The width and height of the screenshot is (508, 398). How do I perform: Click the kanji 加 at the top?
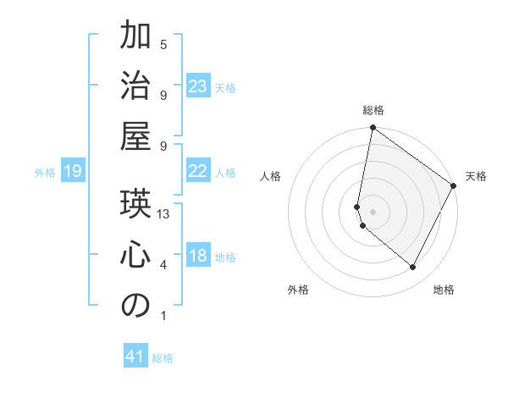click(x=135, y=38)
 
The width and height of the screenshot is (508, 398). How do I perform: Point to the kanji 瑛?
click(x=135, y=204)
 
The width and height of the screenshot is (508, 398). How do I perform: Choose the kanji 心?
click(x=135, y=255)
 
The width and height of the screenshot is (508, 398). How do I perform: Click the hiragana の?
click(x=135, y=306)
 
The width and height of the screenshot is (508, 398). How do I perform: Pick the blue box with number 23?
click(x=198, y=86)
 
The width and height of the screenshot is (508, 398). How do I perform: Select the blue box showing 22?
click(x=198, y=171)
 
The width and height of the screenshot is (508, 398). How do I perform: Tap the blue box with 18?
click(x=198, y=257)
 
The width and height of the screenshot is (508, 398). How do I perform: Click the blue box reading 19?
click(x=72, y=172)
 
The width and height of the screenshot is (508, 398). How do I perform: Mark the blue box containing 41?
click(x=136, y=357)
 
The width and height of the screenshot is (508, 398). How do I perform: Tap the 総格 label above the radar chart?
click(x=373, y=110)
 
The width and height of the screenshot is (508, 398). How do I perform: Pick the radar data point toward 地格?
click(x=413, y=267)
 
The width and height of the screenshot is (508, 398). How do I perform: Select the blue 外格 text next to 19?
click(x=45, y=173)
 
